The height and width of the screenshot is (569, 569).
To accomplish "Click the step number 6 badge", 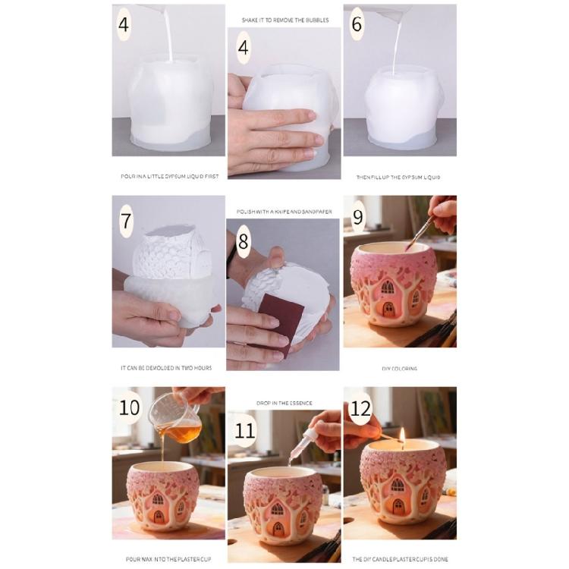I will coord(357,25).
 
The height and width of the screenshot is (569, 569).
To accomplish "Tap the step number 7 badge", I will coord(127,222).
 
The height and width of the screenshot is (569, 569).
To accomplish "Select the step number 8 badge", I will coord(243,244).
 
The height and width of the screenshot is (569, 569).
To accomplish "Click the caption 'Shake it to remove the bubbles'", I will coord(284,19).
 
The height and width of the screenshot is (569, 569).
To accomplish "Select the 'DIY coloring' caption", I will coord(399,369).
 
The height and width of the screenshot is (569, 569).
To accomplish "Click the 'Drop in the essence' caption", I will coord(284,403).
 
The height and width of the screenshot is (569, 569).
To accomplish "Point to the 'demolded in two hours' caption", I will coord(166,368).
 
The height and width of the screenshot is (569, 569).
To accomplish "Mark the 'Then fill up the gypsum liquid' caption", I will coord(398,177).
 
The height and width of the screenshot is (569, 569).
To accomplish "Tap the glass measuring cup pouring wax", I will coord(177,420).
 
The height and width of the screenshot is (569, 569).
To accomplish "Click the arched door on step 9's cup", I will coord(388,308).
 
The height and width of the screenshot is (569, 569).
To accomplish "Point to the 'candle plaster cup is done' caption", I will coord(399,559).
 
